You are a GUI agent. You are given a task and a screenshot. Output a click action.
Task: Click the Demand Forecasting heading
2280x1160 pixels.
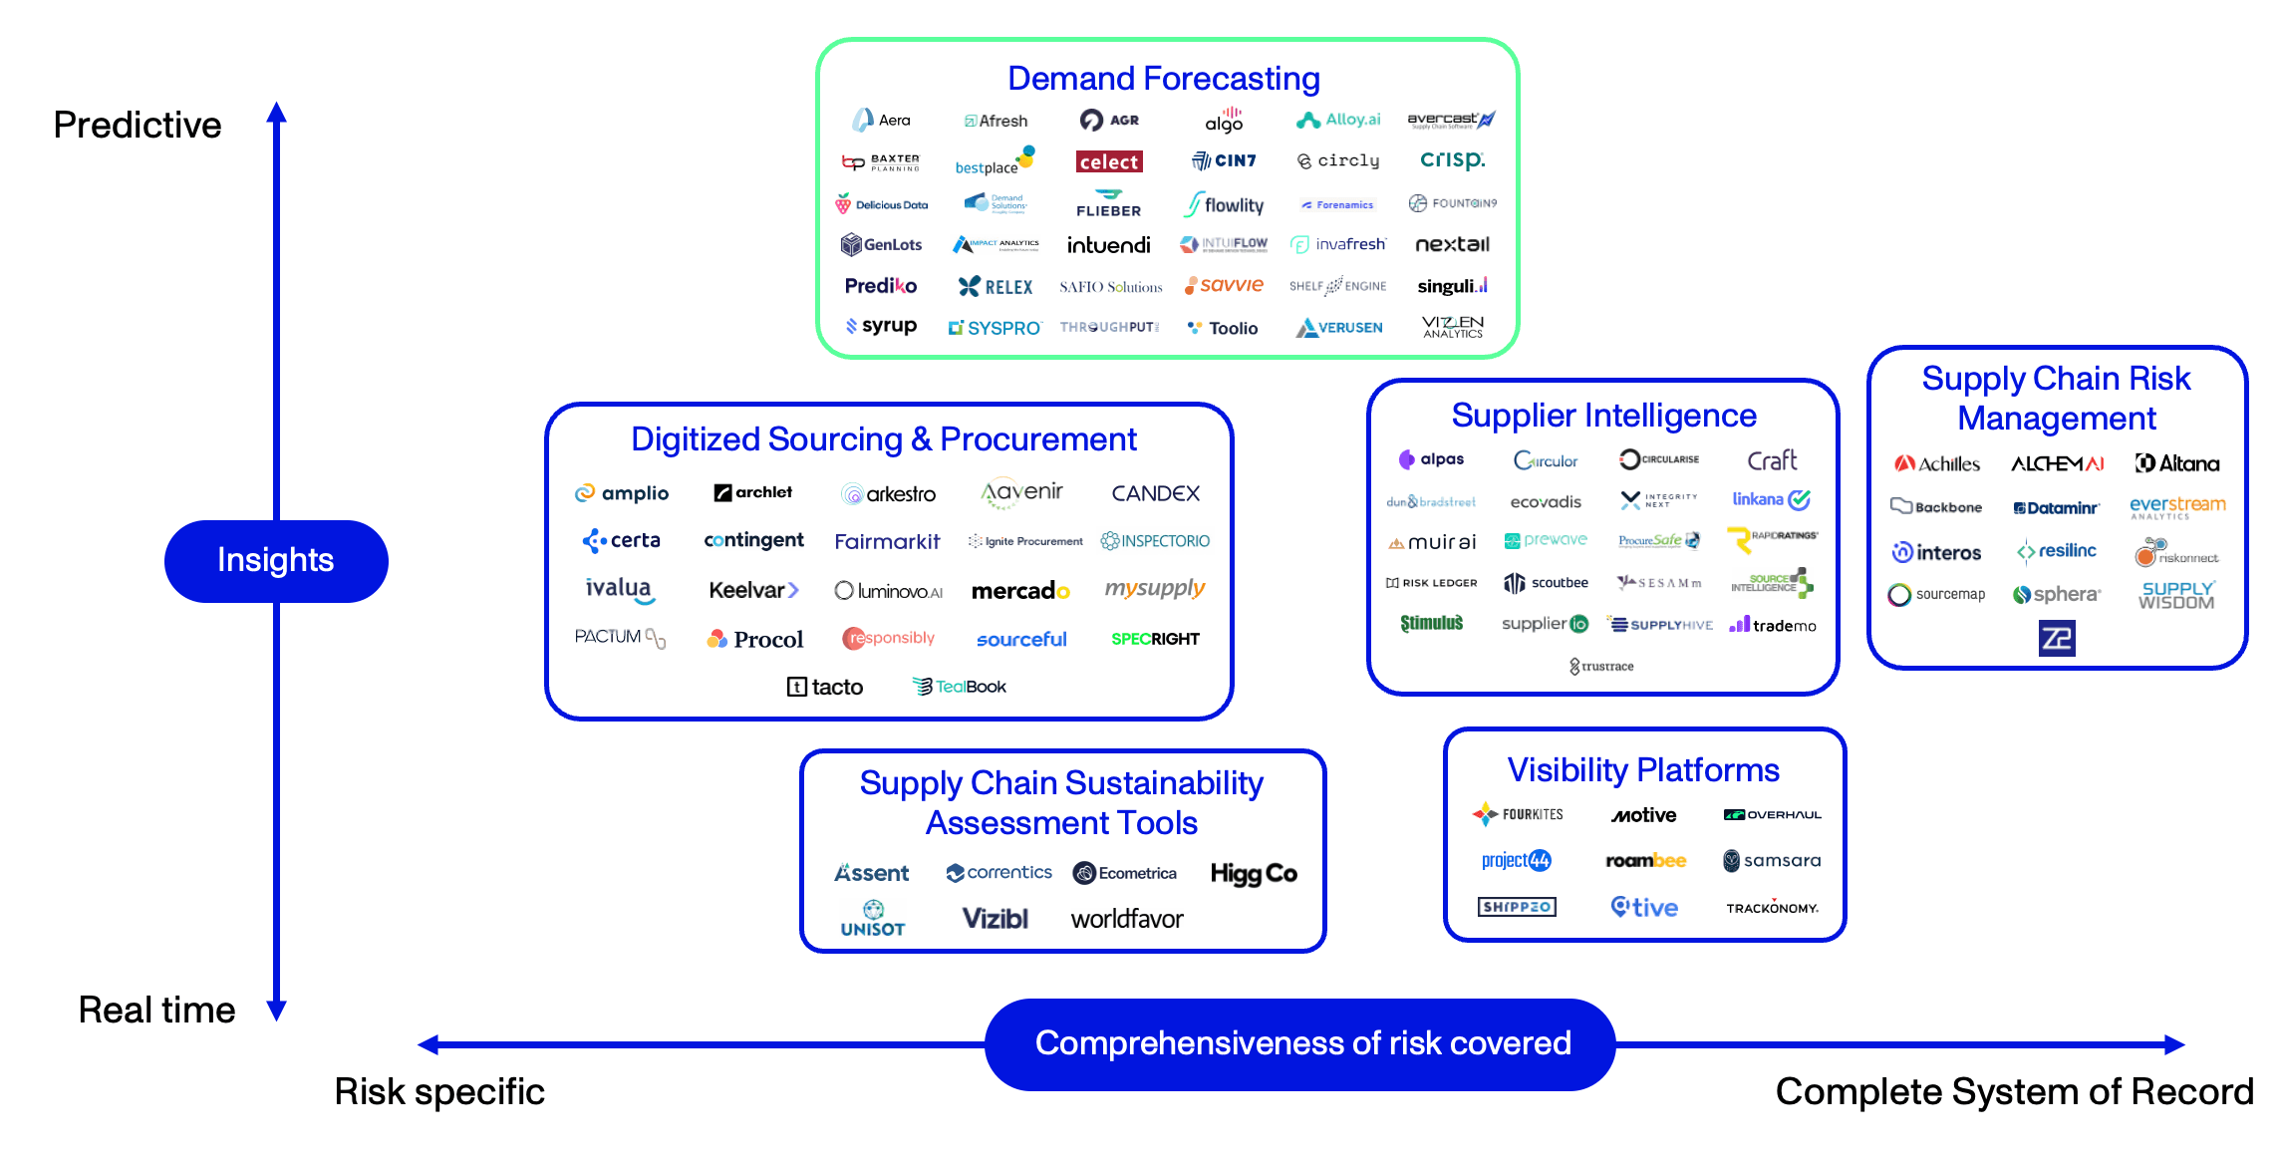1163,78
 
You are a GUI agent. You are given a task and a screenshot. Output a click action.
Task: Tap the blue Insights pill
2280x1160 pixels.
276,560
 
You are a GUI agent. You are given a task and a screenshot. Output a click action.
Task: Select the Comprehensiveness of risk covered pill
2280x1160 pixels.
1301,1043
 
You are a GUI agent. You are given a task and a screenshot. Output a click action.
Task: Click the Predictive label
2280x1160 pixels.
138,125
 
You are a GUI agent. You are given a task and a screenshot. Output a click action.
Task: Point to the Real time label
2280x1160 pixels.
156,1010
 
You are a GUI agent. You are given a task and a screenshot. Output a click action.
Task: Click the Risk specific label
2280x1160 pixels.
439,1091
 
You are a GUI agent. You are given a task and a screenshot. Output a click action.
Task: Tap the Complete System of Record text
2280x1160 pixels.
2014,1091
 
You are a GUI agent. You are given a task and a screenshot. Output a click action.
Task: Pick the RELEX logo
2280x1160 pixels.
996,287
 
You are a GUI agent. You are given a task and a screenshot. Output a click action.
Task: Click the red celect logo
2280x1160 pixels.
1108,161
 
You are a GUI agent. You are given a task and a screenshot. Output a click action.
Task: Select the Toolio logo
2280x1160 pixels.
1223,328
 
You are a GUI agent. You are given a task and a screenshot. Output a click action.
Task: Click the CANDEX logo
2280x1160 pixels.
1155,493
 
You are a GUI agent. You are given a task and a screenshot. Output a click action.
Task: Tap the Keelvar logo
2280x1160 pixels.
753,590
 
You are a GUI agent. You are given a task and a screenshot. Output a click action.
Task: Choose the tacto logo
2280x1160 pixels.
825,687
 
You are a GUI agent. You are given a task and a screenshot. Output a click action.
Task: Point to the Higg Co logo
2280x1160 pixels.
1253,874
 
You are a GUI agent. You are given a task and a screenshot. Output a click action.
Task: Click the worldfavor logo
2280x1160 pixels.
1127,919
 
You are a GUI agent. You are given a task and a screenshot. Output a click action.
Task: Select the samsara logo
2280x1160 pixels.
1772,861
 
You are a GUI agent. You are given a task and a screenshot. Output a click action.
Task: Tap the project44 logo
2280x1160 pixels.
1516,861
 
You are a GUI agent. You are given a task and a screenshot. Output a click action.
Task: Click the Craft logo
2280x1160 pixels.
1772,460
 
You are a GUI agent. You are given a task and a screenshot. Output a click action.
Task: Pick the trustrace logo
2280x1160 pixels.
1601,666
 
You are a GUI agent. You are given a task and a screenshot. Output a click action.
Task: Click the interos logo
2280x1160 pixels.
1936,552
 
